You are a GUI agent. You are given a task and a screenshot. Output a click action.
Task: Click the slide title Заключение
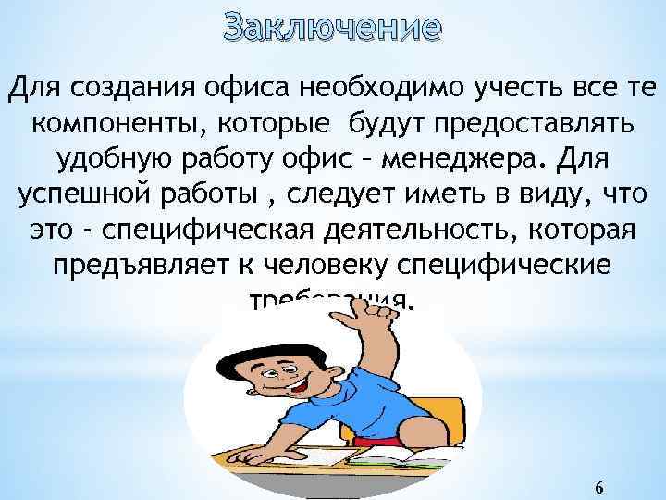[x=332, y=27]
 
